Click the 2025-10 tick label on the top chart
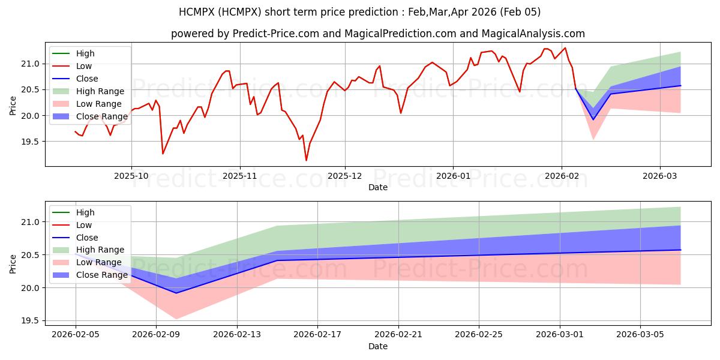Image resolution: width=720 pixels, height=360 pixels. click(131, 176)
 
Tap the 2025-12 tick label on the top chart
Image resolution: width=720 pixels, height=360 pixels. click(344, 176)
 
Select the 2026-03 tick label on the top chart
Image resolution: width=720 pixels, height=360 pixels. click(660, 176)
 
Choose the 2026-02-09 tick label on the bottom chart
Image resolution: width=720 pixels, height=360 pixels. click(156, 335)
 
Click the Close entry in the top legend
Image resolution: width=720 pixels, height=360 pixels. click(87, 79)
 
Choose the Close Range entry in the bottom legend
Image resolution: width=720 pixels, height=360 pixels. click(101, 275)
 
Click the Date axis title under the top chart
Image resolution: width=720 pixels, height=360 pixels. click(378, 187)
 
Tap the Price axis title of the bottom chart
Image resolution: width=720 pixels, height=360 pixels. click(13, 263)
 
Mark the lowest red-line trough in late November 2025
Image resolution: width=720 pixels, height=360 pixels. click(306, 160)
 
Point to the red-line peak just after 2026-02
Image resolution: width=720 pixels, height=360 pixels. click(565, 48)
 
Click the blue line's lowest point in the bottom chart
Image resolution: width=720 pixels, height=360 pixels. click(176, 293)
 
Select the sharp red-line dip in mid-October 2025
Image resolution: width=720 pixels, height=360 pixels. click(163, 154)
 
